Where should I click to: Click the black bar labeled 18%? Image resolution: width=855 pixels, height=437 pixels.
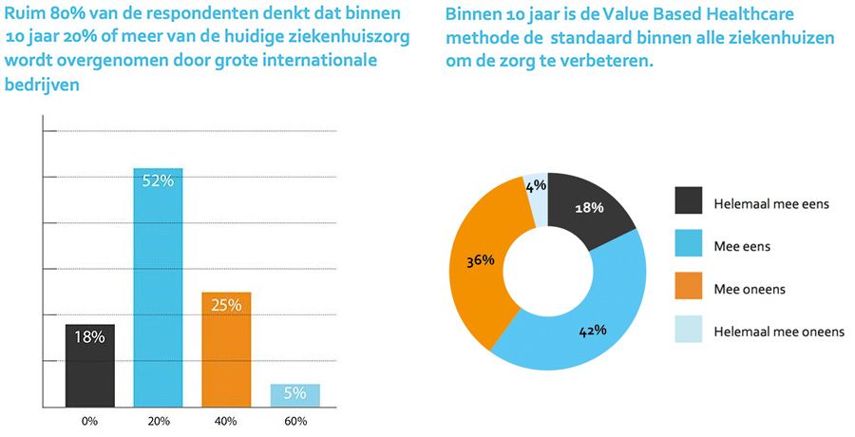click(x=90, y=365)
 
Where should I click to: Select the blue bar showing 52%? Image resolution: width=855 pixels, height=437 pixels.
click(x=158, y=285)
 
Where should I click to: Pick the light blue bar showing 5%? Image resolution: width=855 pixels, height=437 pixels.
click(x=294, y=394)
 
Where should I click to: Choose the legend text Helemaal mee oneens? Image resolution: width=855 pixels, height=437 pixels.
click(x=778, y=332)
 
